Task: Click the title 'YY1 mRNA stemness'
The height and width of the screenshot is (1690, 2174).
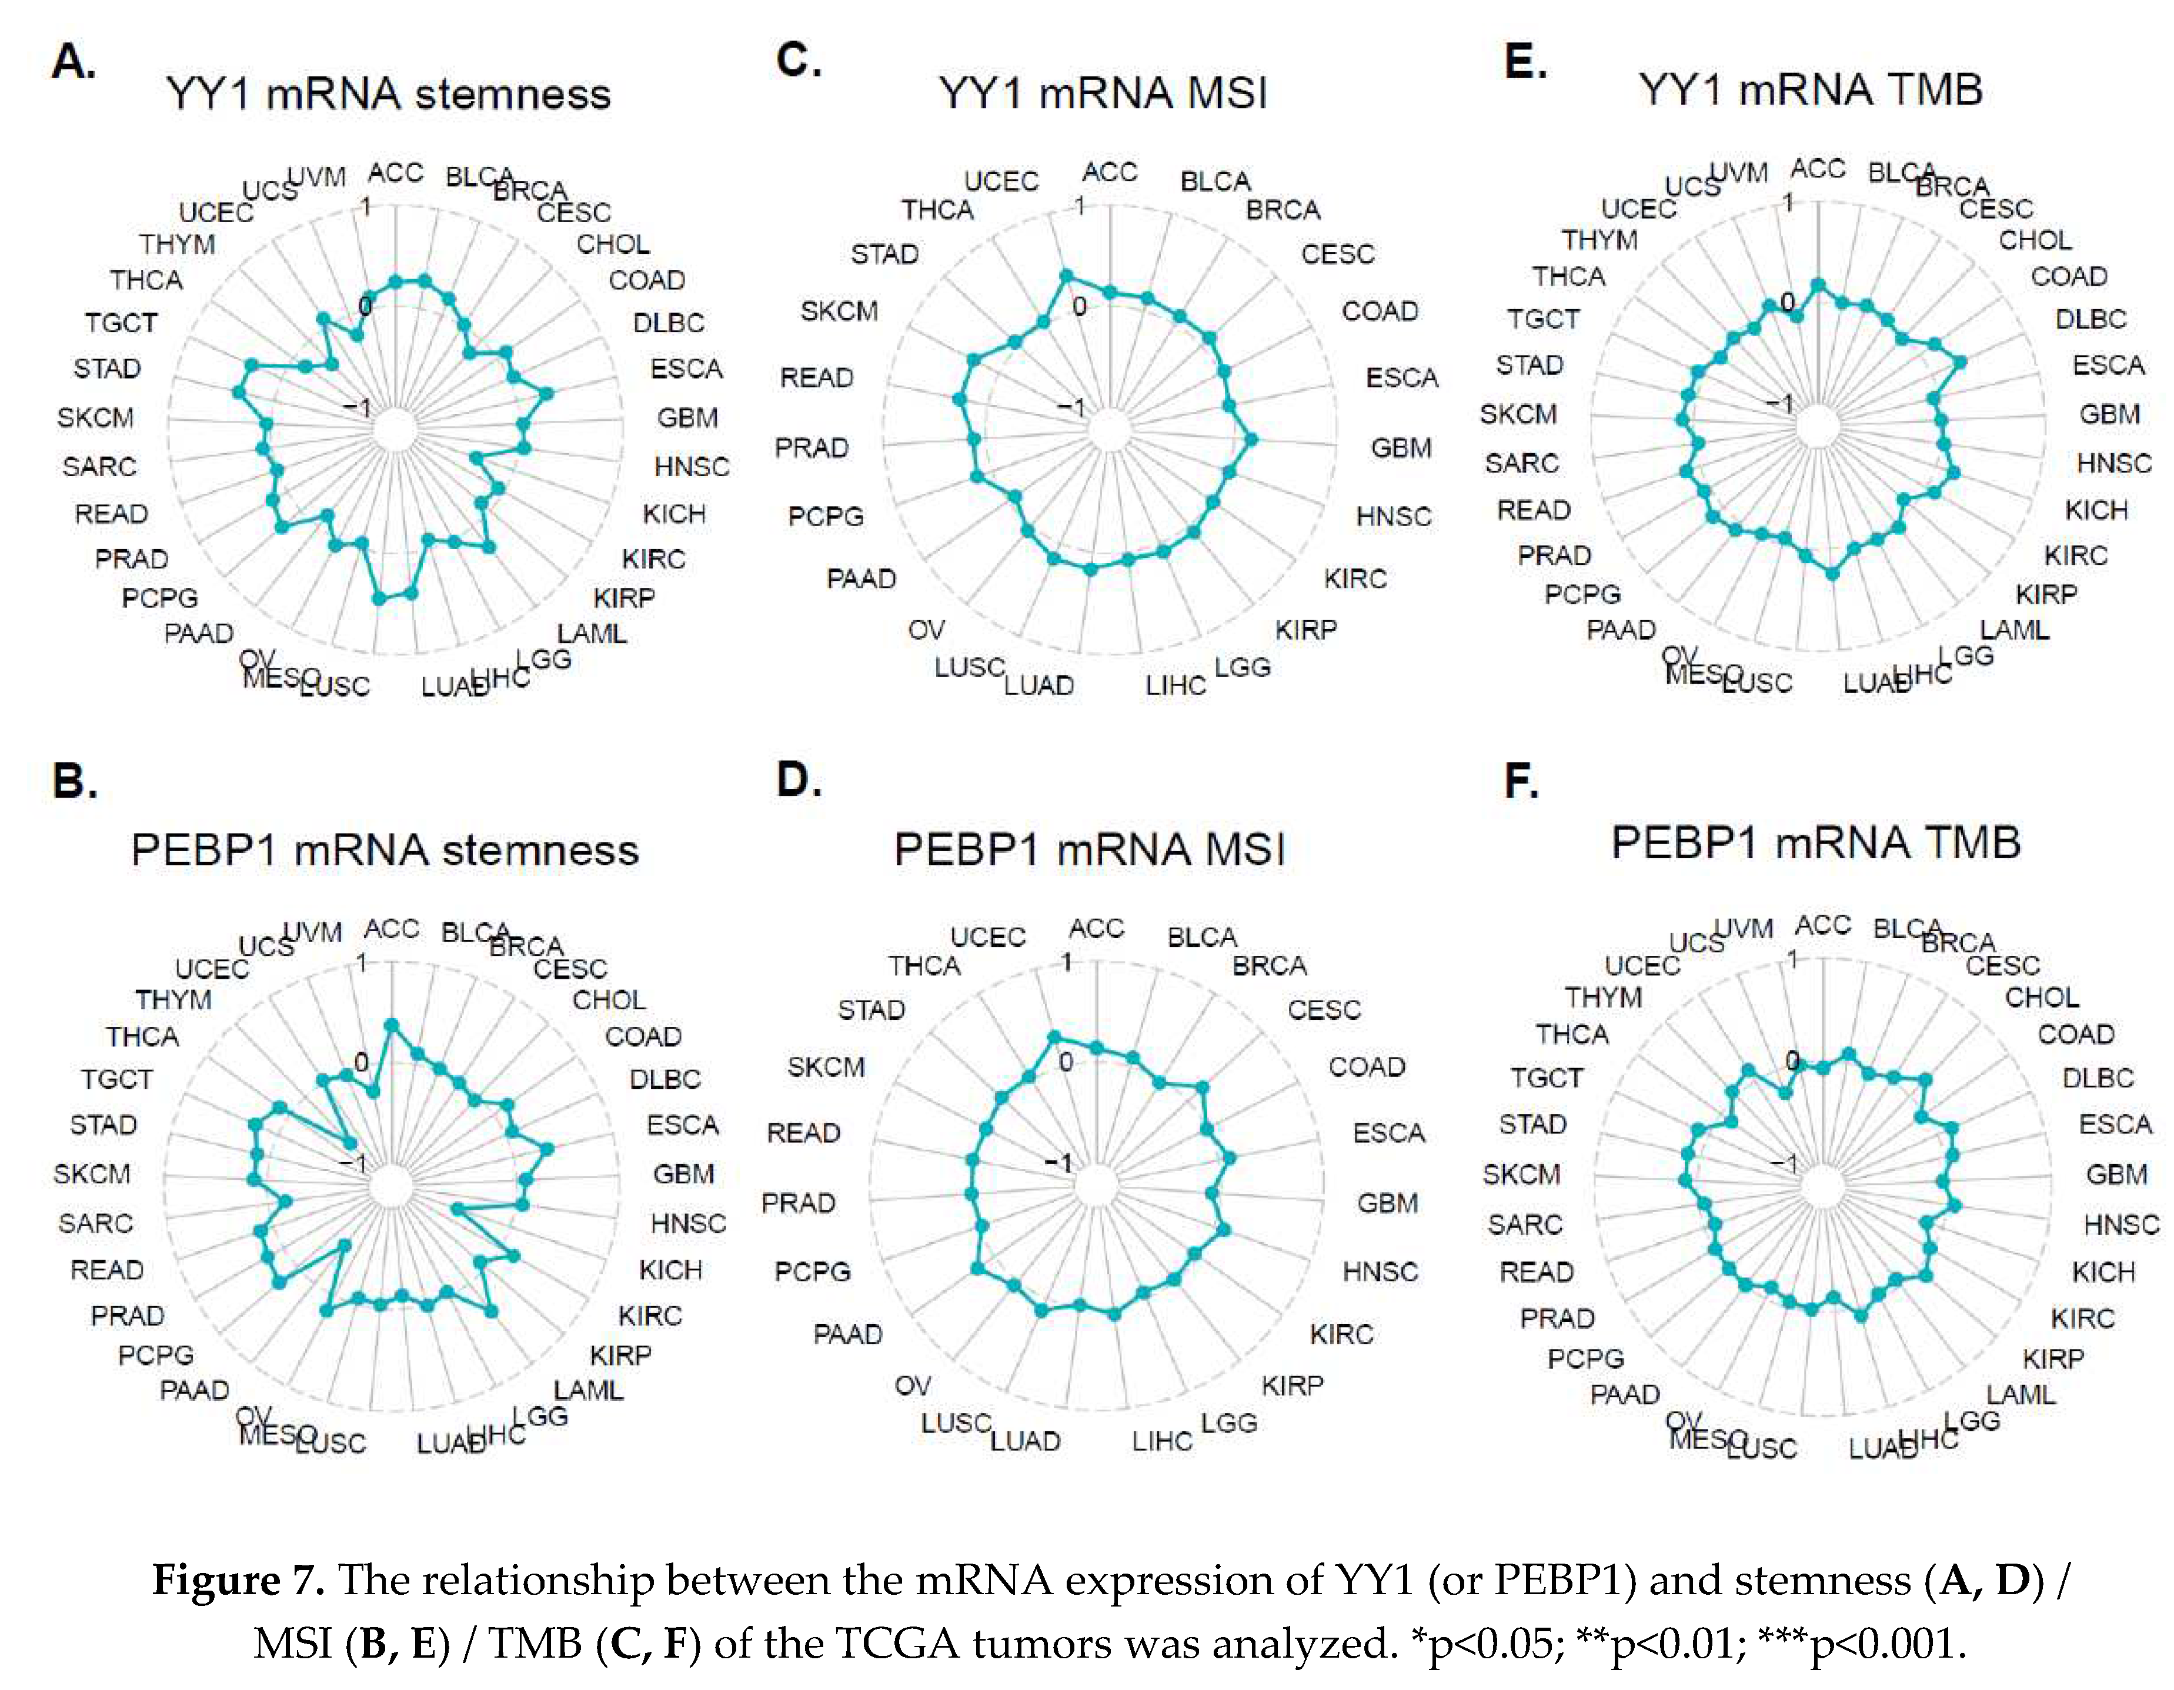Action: [x=388, y=95]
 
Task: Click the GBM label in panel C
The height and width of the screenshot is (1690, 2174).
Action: [x=1401, y=448]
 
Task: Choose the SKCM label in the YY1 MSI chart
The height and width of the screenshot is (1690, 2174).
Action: [x=839, y=312]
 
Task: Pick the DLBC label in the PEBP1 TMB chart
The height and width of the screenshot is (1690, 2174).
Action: [x=2098, y=1078]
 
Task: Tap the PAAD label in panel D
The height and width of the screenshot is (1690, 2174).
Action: [x=847, y=1334]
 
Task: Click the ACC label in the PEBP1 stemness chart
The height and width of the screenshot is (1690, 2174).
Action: [x=391, y=929]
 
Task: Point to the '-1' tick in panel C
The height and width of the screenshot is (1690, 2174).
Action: [x=1070, y=407]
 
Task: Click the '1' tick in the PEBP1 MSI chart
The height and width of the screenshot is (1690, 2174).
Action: [x=1066, y=962]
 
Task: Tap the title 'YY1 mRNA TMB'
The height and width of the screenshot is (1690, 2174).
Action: [x=1809, y=89]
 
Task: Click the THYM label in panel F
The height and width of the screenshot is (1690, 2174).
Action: [x=1602, y=998]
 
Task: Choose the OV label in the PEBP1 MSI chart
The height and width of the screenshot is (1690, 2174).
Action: [x=912, y=1386]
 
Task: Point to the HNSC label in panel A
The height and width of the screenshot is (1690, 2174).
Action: [x=691, y=467]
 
